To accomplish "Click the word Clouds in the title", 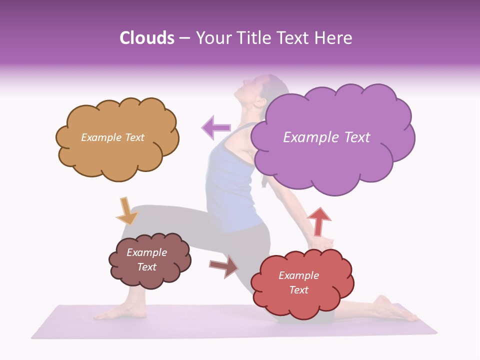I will [146, 38].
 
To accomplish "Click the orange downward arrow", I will [126, 211].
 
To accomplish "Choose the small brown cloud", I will [149, 260].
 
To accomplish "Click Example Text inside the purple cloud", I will [326, 137].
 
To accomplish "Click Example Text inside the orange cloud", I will [112, 137].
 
